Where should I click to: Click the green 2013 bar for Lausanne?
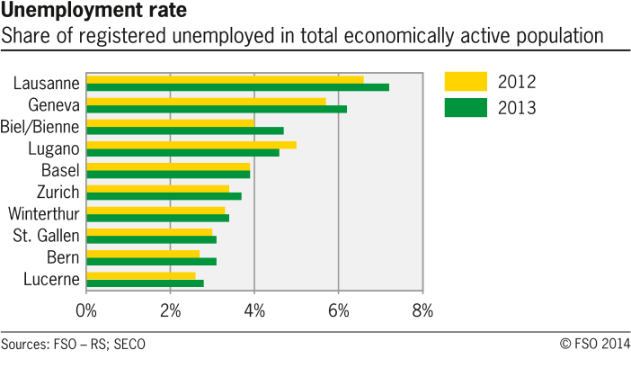[237, 87]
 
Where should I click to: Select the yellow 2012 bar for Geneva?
[206, 101]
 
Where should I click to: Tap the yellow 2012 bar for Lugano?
[191, 145]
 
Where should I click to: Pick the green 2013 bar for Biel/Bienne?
[184, 130]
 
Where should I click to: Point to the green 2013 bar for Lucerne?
[145, 283]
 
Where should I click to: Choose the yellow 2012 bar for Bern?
[143, 254]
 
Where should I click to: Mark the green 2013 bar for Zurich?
[164, 196]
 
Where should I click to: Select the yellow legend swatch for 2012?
[466, 83]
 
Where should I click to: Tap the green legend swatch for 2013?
[466, 108]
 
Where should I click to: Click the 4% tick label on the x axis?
[254, 311]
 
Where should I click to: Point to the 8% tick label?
[422, 311]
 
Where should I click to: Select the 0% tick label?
[86, 311]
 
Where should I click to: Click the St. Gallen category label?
[46, 236]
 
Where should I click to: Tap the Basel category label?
[60, 170]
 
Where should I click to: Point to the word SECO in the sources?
[129, 345]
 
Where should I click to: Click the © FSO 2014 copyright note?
[594, 345]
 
